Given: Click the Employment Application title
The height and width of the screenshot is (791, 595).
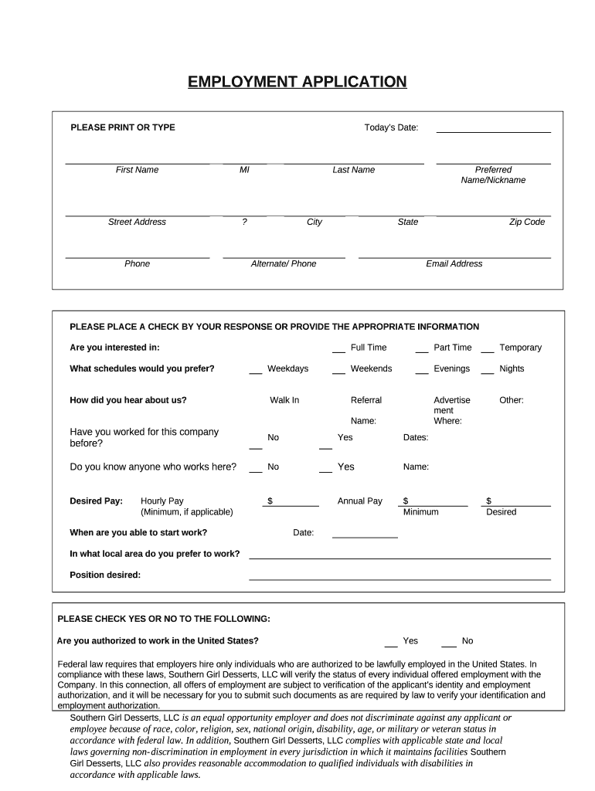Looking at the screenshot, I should tap(297, 82).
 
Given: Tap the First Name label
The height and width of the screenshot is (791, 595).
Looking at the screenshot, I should tap(137, 170).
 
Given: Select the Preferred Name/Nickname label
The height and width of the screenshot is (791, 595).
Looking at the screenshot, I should tap(493, 175).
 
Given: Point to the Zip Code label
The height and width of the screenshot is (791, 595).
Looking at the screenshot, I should tap(526, 222).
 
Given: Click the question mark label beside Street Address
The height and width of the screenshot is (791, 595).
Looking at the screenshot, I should tap(244, 222).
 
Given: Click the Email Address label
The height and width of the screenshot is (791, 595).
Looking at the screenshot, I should tap(454, 264).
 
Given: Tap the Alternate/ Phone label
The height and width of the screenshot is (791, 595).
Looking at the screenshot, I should tap(284, 264).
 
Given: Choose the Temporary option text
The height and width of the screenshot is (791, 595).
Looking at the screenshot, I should tap(520, 348).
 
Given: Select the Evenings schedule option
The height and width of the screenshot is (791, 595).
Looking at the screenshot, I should tap(451, 368).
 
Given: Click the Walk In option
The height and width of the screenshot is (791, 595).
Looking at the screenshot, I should tap(284, 400).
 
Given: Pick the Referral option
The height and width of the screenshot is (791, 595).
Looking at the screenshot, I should tap(366, 400).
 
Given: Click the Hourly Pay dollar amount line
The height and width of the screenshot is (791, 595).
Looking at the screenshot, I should tap(295, 504).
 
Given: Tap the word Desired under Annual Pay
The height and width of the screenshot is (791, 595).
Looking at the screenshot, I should tap(501, 512).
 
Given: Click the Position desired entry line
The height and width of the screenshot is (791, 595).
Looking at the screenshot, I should tap(399, 577).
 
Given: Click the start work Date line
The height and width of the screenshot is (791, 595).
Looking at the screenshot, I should tap(365, 535).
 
